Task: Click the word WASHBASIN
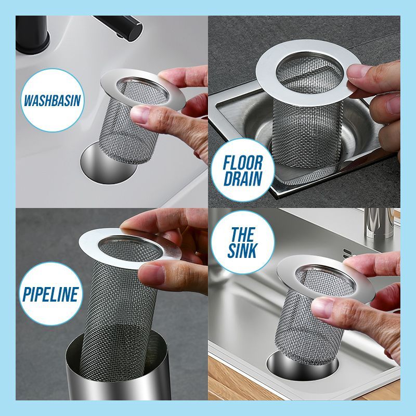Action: [x=52, y=99]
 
